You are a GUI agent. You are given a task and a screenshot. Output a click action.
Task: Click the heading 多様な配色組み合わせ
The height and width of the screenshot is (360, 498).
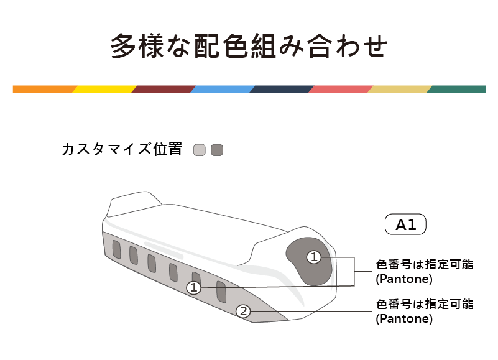click(x=249, y=46)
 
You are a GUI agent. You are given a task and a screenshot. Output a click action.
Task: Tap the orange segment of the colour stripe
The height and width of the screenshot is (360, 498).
click(x=44, y=89)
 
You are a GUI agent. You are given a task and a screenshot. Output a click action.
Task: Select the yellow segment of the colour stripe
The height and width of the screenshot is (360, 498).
click(x=103, y=89)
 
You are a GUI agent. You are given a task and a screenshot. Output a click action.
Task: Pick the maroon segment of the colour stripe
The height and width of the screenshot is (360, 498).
click(x=163, y=89)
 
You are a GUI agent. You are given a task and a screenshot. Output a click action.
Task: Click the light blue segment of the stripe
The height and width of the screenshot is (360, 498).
click(x=222, y=89)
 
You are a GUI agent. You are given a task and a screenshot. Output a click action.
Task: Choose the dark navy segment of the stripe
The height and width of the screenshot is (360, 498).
click(x=281, y=89)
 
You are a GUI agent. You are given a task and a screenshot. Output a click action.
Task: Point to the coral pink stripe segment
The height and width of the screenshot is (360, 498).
click(x=340, y=89)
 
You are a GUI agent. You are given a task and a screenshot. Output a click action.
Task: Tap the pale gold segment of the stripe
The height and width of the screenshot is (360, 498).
click(x=399, y=89)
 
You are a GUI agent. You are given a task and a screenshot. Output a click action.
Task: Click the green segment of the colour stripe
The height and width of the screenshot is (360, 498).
click(x=457, y=89)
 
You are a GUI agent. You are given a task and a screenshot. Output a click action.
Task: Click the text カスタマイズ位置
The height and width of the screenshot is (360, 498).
click(x=122, y=150)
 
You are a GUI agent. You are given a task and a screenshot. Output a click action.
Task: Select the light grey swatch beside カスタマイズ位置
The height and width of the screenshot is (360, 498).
click(x=199, y=150)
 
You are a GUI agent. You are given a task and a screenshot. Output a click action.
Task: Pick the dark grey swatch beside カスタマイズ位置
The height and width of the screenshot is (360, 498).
click(x=216, y=150)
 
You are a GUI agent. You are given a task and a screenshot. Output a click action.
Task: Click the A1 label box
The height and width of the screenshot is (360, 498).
click(x=406, y=224)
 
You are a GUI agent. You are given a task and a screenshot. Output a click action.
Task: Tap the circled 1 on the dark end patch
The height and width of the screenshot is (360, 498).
click(x=314, y=257)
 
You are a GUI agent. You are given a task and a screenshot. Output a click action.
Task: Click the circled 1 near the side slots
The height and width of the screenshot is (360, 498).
click(x=194, y=288)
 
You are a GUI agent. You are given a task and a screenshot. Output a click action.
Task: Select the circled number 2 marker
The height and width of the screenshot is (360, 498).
click(x=244, y=312)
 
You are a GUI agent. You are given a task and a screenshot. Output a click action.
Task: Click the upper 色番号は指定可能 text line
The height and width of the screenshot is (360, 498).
click(x=425, y=264)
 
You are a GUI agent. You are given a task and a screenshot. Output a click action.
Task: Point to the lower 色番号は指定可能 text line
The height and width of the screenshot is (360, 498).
click(x=425, y=305)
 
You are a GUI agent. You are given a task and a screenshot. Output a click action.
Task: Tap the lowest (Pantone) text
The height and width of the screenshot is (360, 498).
click(x=404, y=319)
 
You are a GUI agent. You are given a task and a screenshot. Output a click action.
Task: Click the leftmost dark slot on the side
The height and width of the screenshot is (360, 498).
click(x=116, y=249)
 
